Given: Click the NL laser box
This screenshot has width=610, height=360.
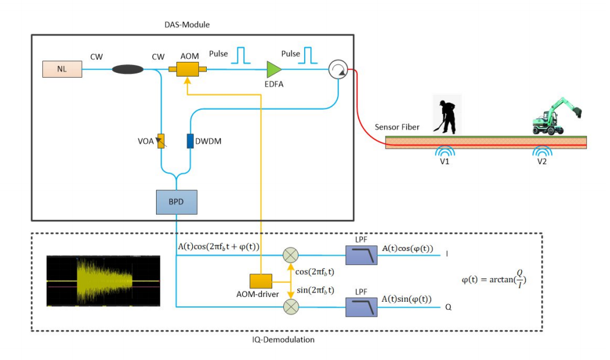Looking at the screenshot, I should click(62, 69).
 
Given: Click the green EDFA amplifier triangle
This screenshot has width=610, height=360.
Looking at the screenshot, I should click(273, 69).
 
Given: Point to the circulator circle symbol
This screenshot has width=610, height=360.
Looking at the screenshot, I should click(336, 70).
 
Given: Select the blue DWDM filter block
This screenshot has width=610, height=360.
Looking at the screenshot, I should click(190, 141).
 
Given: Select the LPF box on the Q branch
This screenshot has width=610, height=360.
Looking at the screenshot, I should click(361, 304).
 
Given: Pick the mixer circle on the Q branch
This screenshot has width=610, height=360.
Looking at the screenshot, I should click(289, 304).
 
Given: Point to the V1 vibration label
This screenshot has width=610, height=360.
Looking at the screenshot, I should click(443, 162).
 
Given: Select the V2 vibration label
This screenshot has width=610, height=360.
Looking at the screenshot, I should click(541, 162).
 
